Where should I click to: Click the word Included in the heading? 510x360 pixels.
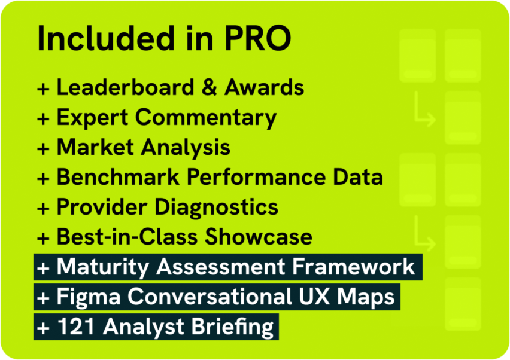tap(107, 38)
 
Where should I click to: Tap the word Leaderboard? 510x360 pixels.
tap(126, 87)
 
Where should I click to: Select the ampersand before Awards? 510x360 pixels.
tap(209, 87)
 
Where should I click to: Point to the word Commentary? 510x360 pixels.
tap(206, 118)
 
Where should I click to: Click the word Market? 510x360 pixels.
tap(95, 147)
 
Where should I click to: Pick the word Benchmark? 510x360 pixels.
tap(118, 177)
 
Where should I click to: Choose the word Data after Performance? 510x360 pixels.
tap(358, 177)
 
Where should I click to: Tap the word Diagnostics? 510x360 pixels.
tap(216, 208)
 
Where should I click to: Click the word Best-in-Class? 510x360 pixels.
tap(127, 237)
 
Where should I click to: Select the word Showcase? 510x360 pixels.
tap(259, 237)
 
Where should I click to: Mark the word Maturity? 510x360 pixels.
tap(103, 267)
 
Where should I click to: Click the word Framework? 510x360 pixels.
tap(354, 267)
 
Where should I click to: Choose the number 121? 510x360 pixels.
tap(77, 327)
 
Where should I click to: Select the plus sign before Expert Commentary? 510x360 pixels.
tap(43, 118)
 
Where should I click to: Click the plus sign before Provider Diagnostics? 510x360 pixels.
tap(43, 208)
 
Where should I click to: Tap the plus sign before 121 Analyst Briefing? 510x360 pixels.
tap(43, 328)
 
